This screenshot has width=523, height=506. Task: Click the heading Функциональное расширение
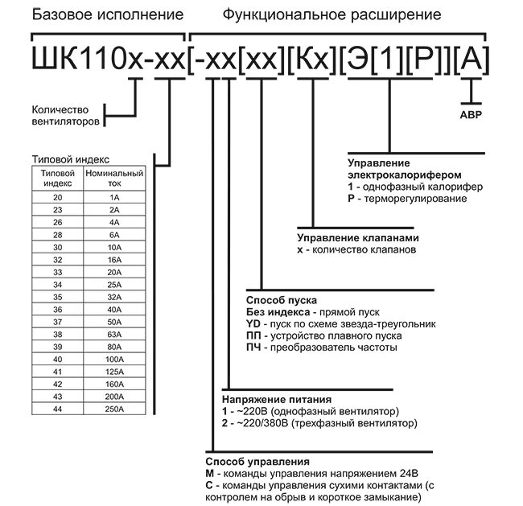[332, 14]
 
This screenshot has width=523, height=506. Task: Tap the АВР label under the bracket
[471, 114]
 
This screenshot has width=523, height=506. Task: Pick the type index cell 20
[57, 196]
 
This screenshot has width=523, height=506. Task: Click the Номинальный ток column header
[114, 178]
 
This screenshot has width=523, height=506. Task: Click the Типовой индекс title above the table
[68, 160]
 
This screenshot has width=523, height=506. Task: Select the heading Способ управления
[257, 463]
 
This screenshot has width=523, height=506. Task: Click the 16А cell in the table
[113, 260]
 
